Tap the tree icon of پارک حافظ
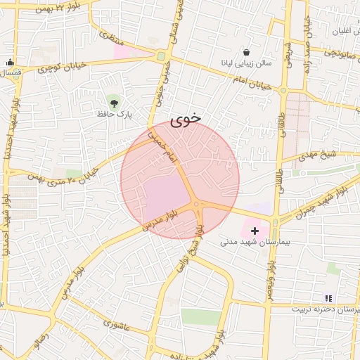pos(113,98)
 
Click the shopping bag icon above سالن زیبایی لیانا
pos(245,53)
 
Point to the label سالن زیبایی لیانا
pos(245,64)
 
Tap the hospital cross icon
pos(255,230)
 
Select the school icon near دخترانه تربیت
pos(327,298)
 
